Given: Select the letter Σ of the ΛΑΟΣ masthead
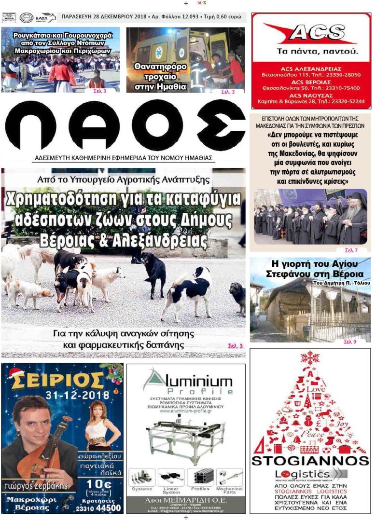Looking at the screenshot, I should pos(221,126).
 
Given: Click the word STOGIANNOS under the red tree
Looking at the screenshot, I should pos(310,460).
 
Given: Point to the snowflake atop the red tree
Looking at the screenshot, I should pos(310,357).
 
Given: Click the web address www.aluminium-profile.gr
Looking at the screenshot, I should pos(186,411).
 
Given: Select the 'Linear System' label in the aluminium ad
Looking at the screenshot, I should pos(171,490).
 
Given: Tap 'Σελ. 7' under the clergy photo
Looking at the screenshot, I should pos(351,250).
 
